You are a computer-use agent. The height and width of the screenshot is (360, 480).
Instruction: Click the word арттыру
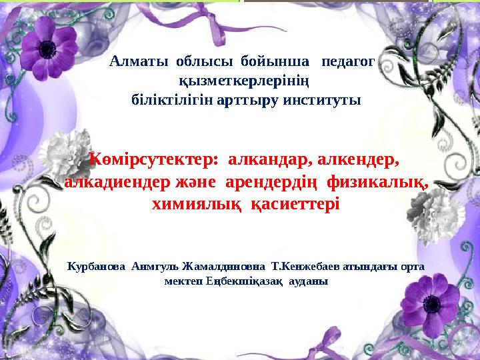pos(245,101)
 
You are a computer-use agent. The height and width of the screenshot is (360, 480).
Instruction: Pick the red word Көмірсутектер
pos(154,159)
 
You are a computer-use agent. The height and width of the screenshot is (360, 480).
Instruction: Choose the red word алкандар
pos(270,159)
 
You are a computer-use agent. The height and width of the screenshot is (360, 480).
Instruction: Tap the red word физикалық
pos(378,182)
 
